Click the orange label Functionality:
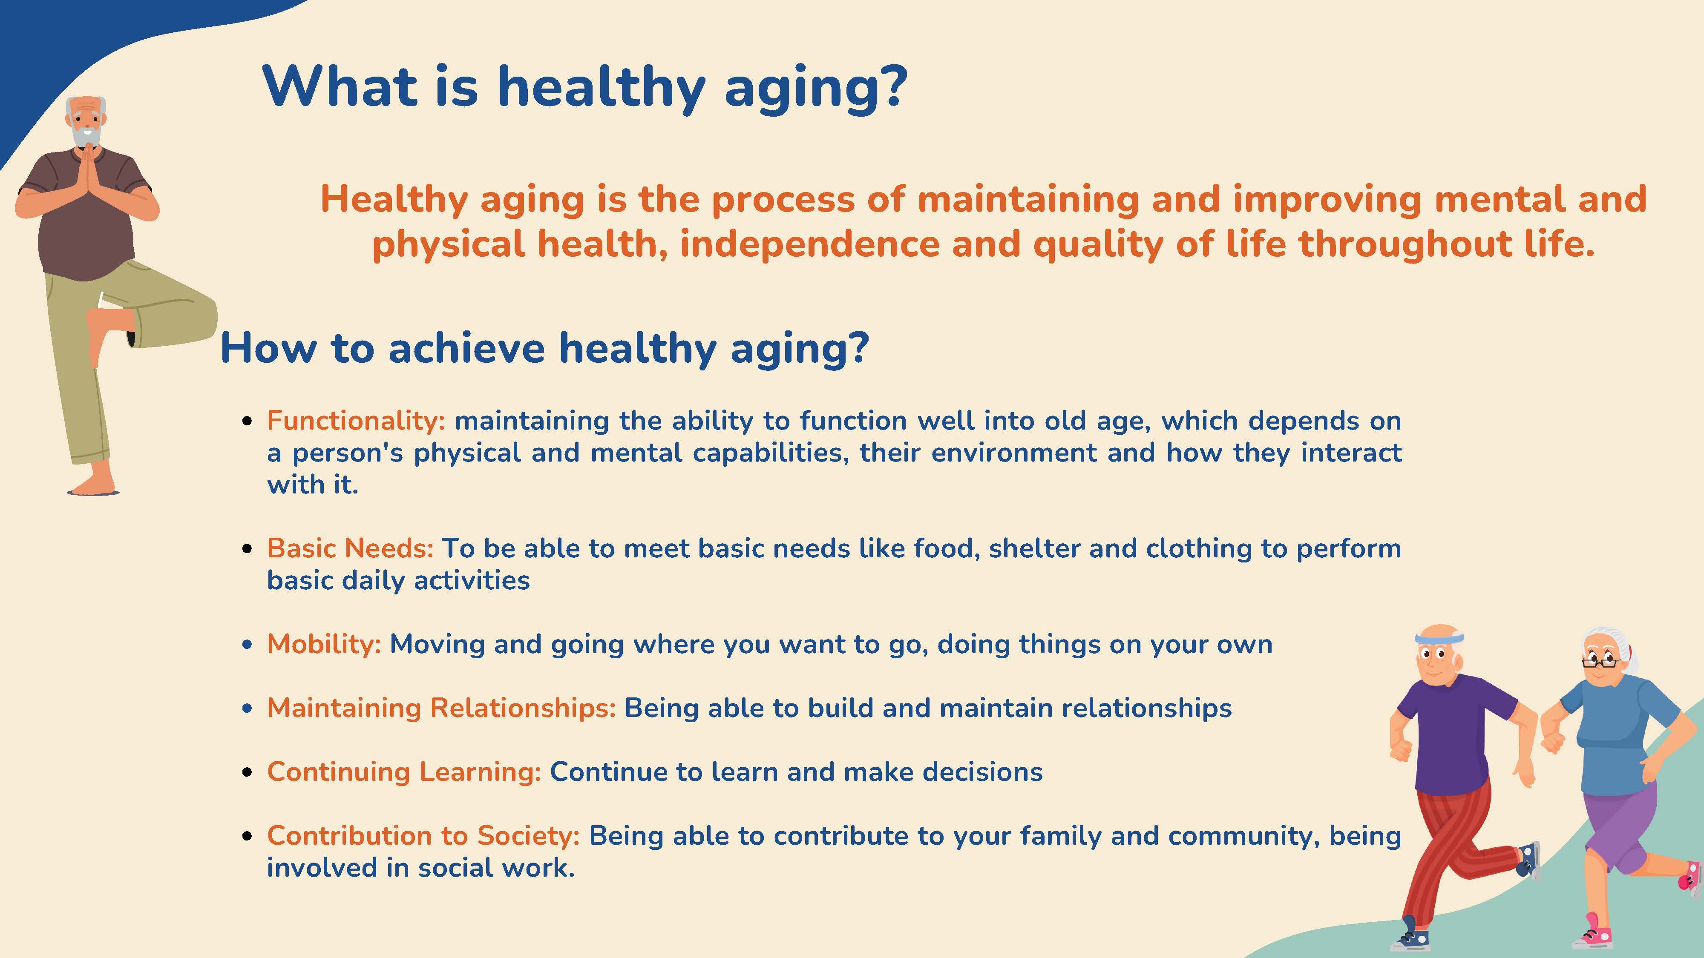pos(356,421)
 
